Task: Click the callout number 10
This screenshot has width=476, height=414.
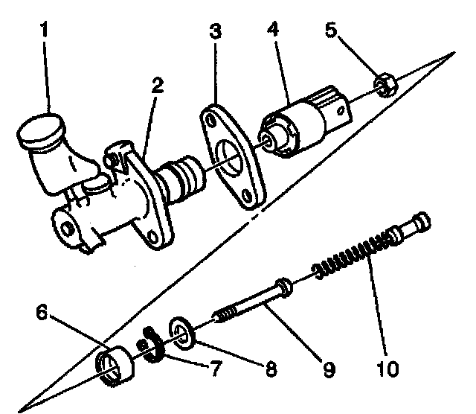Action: (x=387, y=368)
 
